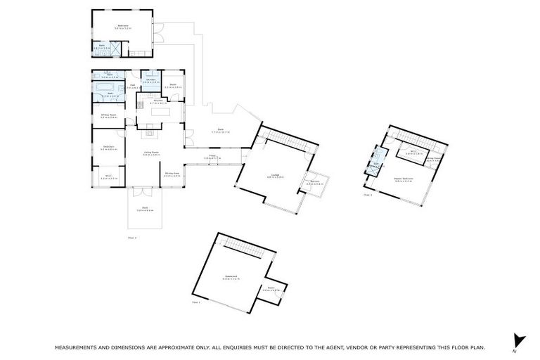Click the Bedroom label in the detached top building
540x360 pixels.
pyautogui.click(x=124, y=26)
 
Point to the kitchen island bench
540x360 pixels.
pyautogui.click(x=151, y=117)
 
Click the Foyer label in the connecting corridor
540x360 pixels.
pyautogui.click(x=212, y=157)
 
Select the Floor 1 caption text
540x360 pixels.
pyautogui.click(x=196, y=303)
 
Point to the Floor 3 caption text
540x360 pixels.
pyautogui.click(x=368, y=195)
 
